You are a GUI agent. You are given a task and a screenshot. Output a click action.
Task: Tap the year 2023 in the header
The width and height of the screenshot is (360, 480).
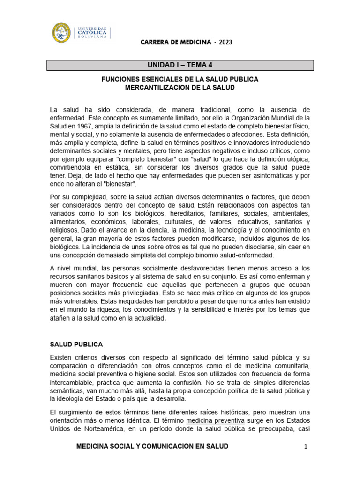[225, 42]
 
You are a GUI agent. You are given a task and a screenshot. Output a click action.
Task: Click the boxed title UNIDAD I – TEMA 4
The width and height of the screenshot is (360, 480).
[180, 65]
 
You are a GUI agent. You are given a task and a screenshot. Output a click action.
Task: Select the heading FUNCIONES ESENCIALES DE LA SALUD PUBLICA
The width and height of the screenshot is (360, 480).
[180, 79]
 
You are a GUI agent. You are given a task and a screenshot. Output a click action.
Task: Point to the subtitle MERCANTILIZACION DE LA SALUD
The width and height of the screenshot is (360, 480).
[180, 88]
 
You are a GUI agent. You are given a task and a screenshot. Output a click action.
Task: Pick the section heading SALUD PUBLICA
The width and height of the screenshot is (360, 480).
[76, 345]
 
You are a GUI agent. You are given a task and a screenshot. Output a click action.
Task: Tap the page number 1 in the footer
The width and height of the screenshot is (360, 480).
[305, 447]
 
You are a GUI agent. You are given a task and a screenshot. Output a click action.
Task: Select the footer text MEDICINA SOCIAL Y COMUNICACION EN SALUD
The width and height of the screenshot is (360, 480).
[152, 446]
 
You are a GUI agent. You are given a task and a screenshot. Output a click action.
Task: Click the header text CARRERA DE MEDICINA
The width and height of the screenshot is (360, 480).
[176, 42]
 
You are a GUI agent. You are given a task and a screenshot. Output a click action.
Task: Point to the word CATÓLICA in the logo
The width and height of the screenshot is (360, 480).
[92, 32]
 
